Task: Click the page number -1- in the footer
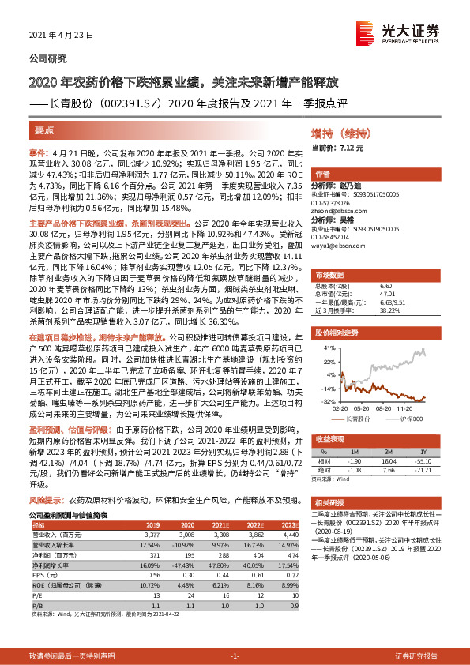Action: point(234,656)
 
